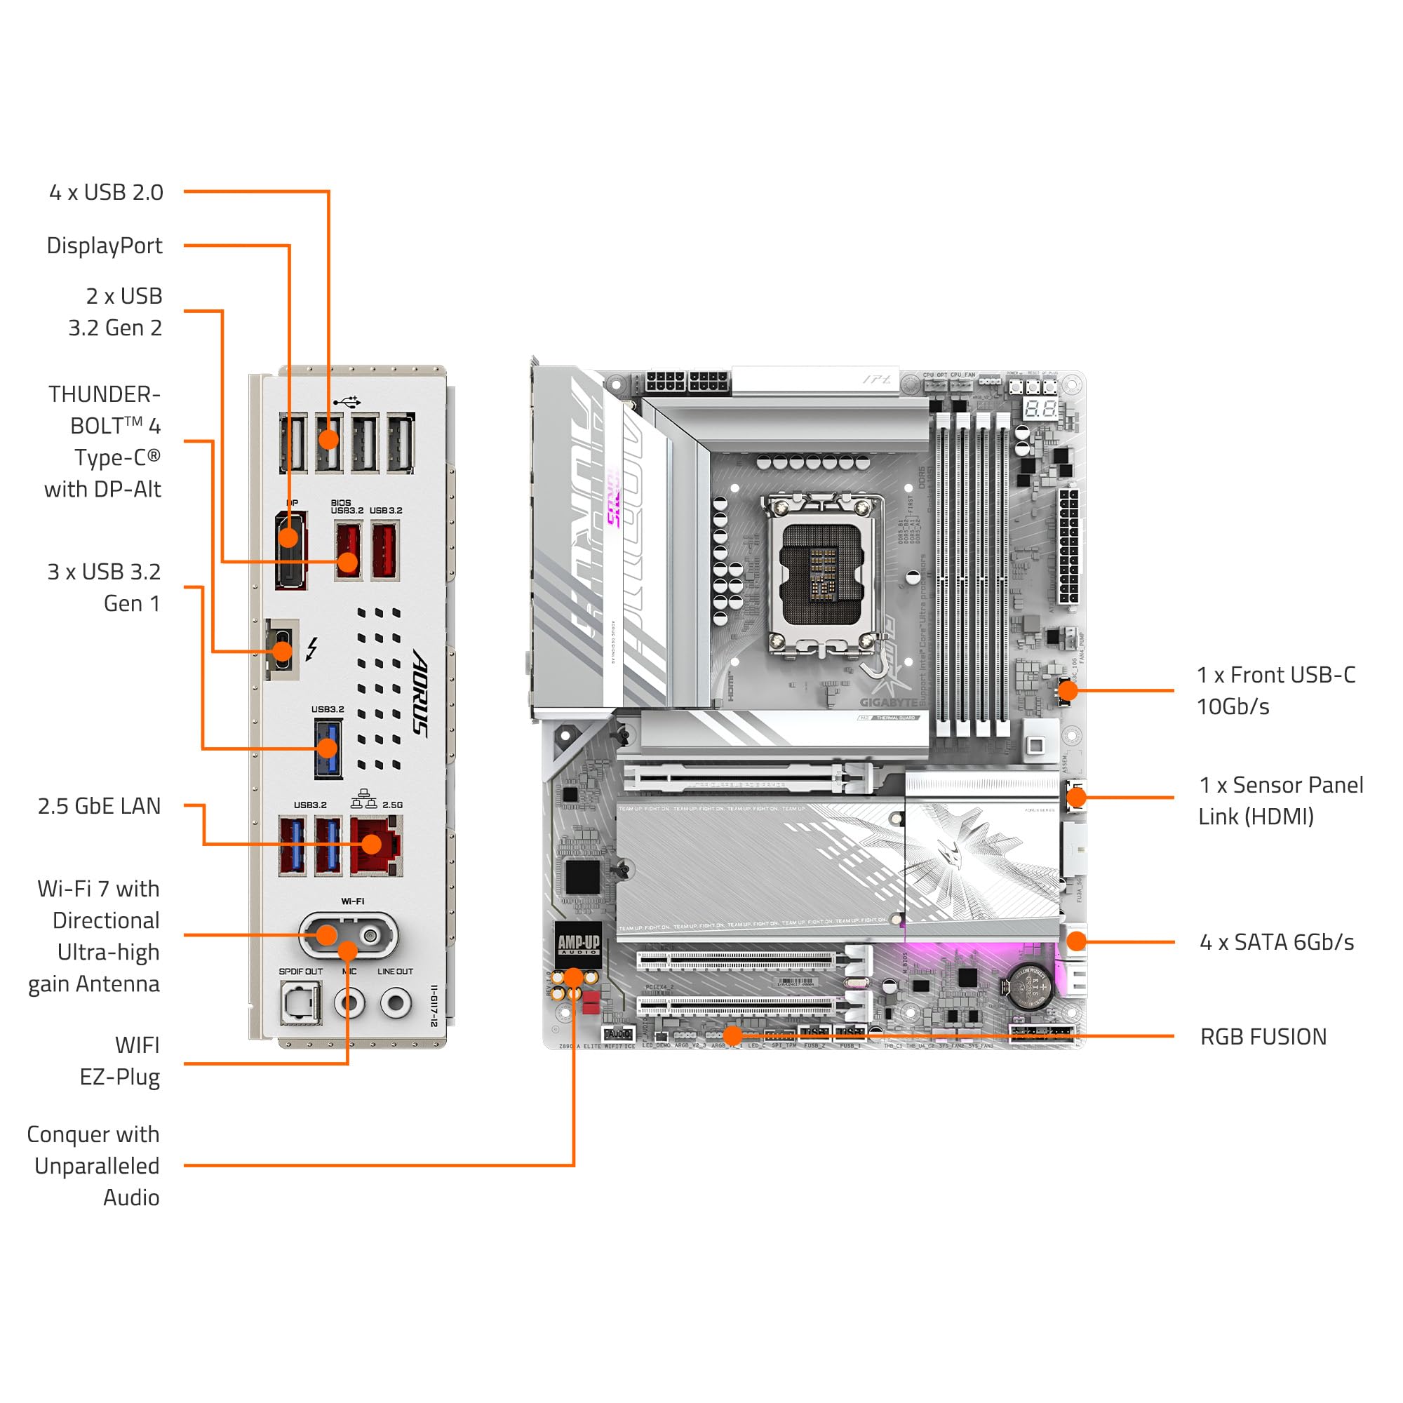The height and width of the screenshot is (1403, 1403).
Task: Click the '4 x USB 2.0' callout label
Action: coord(106,192)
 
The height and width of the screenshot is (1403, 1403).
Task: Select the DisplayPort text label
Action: coord(104,246)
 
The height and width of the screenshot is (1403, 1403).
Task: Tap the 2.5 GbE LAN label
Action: coord(100,806)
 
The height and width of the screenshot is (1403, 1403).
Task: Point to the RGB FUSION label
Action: coord(1263,1037)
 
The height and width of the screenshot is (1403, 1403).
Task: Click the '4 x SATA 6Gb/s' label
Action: coord(1277,943)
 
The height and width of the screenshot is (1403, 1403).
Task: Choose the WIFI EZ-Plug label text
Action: coord(121,1061)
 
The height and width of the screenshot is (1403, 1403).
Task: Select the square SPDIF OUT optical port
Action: coord(300,1004)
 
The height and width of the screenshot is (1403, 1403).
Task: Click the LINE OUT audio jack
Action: coord(396,1004)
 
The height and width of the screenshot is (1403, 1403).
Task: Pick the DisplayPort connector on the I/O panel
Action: coord(290,550)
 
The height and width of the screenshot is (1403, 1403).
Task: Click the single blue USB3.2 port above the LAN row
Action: coord(328,748)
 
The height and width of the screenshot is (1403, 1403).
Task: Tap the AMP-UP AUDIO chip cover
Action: coord(578,944)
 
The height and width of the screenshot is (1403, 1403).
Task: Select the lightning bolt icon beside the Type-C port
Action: coord(311,648)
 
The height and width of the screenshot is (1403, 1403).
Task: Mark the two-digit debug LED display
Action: coord(1040,408)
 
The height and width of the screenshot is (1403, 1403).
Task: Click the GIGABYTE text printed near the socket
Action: coord(888,702)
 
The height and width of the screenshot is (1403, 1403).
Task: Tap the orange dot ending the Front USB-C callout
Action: coord(1068,690)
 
